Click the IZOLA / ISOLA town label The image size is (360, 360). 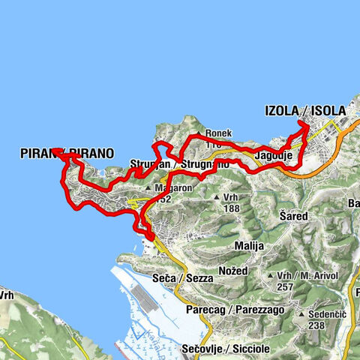(305, 111)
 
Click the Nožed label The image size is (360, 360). (233, 269)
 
